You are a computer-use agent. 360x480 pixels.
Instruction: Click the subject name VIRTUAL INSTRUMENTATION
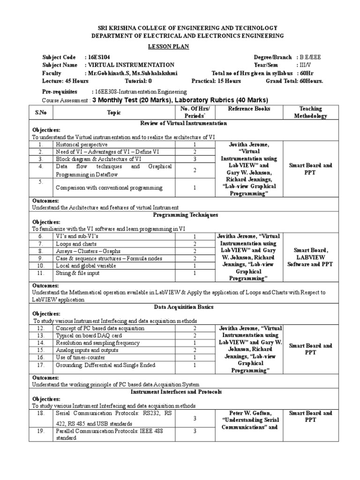130,65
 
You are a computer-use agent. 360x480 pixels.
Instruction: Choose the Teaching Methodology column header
310,112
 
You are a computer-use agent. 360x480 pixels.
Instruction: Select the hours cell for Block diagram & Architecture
194,159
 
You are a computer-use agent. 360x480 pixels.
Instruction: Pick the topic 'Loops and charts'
76,244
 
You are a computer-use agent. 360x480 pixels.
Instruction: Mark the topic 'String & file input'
78,272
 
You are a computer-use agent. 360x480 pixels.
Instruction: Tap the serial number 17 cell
41,364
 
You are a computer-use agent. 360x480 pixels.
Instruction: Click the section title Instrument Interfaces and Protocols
176,391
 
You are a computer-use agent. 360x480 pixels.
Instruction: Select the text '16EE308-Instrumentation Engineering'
139,92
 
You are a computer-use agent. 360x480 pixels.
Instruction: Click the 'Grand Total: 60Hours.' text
294,81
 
